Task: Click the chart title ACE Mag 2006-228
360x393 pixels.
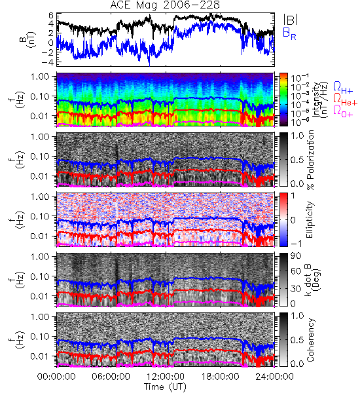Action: pos(165,5)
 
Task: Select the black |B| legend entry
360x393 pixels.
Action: pos(291,20)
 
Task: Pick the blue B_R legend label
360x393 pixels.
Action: pos(289,33)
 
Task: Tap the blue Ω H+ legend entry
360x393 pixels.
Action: pos(343,88)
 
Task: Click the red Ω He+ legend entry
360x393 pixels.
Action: pos(345,100)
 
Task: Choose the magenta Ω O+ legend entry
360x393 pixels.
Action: pos(343,111)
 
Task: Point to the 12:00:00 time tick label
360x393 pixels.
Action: pos(166,377)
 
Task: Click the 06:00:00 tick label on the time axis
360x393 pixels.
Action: pos(111,377)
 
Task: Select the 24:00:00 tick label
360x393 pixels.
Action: pos(274,377)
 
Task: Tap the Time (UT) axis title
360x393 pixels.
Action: pos(166,386)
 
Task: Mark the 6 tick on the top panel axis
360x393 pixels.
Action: pos(51,16)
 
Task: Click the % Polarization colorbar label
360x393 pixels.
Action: pos(311,160)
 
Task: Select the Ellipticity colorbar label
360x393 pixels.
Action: pos(310,220)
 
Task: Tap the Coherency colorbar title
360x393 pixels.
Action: pos(310,340)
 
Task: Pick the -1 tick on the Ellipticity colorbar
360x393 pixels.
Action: pos(296,243)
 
